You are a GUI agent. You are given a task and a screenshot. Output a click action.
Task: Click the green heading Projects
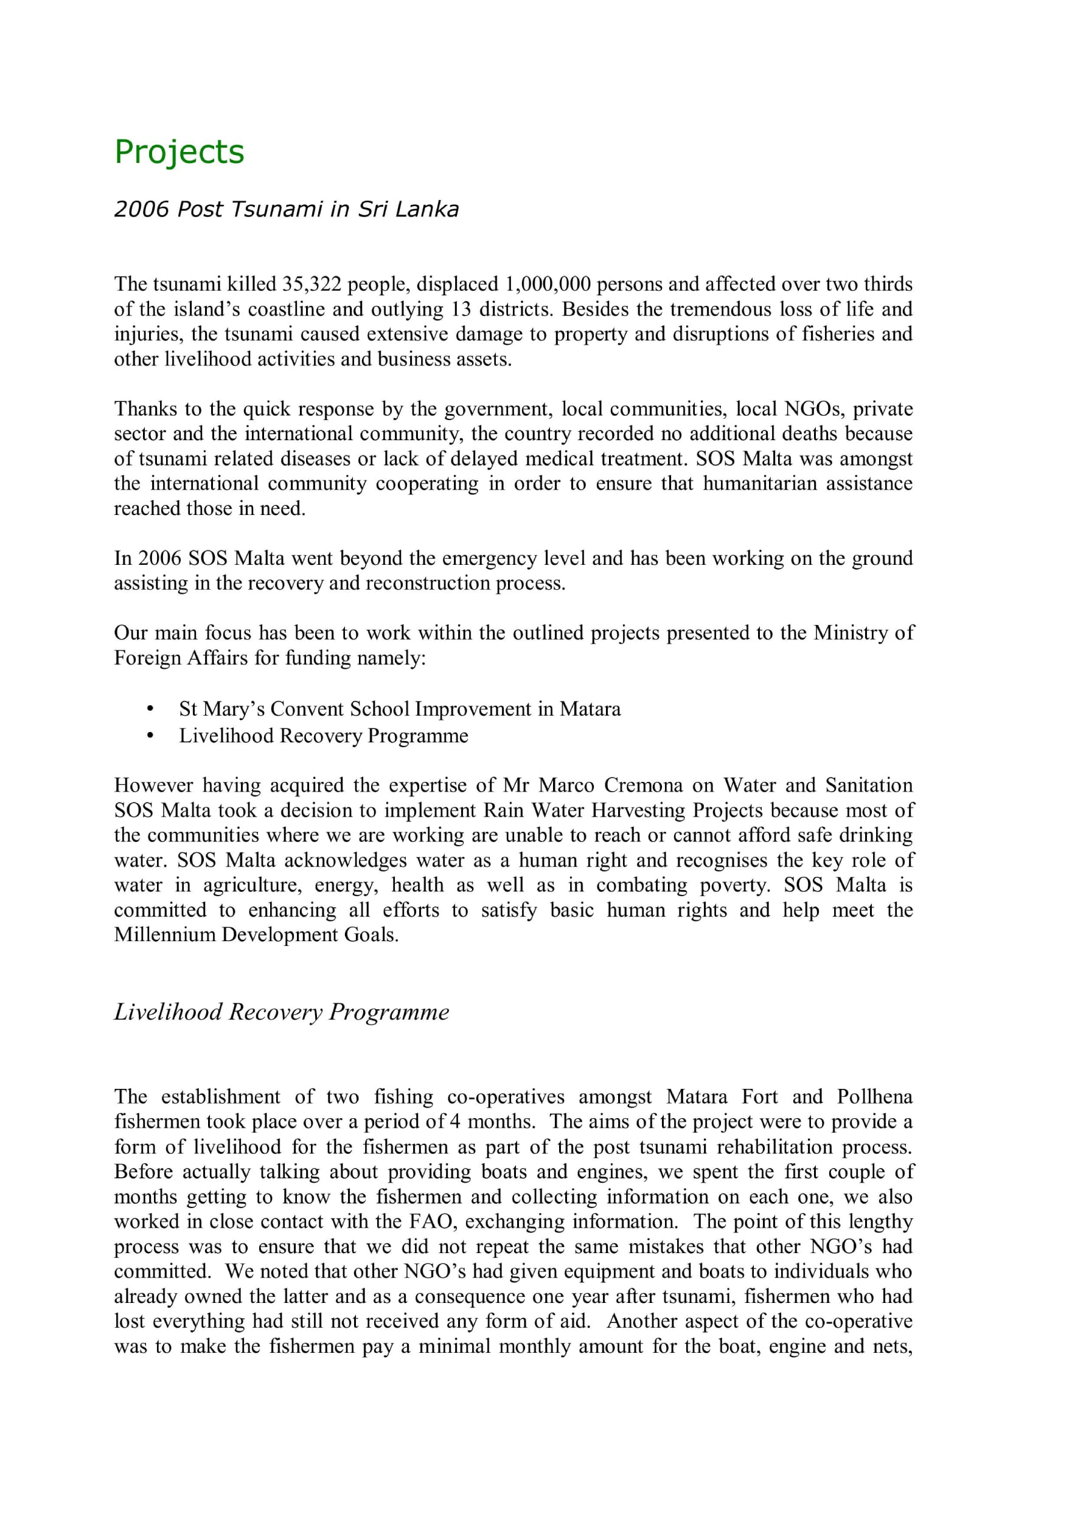coord(179,152)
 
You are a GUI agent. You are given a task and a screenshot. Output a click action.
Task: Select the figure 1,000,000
coord(548,284)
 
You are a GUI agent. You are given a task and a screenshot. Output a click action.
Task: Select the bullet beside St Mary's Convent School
coord(151,709)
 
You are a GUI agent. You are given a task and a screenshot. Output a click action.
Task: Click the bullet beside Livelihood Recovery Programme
coord(151,736)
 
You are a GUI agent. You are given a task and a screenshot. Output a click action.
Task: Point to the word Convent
coord(307,709)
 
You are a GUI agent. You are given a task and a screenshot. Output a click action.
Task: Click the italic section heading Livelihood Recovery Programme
coord(282,1012)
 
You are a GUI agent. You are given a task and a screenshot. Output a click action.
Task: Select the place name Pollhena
coord(874,1097)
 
